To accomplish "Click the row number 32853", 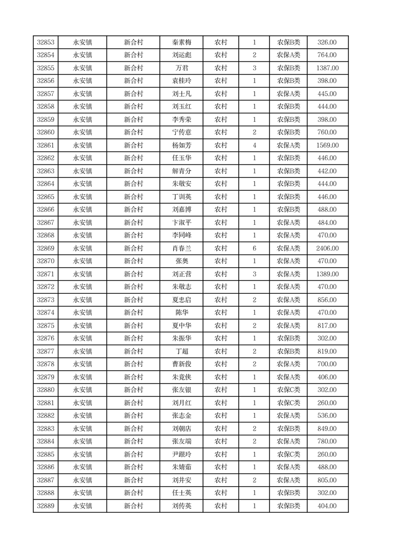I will [46, 43].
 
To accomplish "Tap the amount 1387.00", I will [328, 68].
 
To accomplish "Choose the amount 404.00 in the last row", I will [328, 506].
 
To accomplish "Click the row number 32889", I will [46, 506].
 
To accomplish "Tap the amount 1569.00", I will [328, 146].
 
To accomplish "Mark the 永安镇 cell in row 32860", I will [82, 133].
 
